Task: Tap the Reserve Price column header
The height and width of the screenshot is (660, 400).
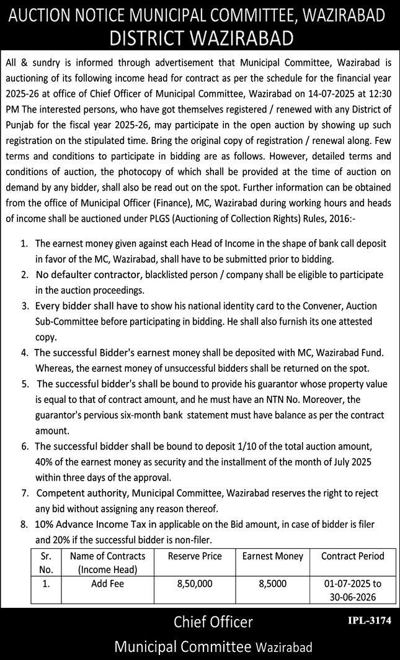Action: (x=195, y=556)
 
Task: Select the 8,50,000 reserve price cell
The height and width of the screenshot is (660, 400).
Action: (x=195, y=584)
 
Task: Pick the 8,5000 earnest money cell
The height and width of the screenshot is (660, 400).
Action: (x=273, y=584)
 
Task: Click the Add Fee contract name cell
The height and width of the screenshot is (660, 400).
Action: (x=107, y=584)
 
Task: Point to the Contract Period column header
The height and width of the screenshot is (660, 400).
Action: (x=353, y=556)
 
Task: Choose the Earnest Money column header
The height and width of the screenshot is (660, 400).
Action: (x=273, y=556)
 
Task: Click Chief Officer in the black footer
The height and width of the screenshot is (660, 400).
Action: (x=213, y=622)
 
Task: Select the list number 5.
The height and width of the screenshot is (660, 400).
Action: (x=25, y=384)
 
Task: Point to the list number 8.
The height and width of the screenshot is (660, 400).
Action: (x=25, y=524)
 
